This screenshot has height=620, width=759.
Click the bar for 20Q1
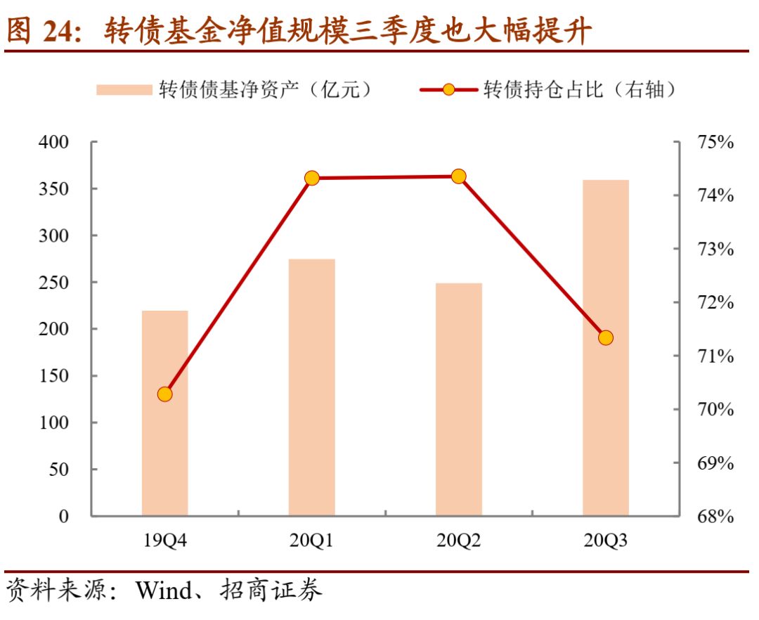pyautogui.click(x=312, y=387)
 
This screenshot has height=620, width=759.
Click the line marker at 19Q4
pyautogui.click(x=165, y=394)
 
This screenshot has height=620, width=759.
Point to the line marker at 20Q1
pyautogui.click(x=312, y=179)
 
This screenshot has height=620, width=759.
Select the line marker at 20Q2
pyautogui.click(x=459, y=176)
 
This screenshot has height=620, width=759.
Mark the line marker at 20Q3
pyautogui.click(x=606, y=338)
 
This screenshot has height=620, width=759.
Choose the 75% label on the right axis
pyautogui.click(x=715, y=143)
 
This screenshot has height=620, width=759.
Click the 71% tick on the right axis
pyautogui.click(x=715, y=356)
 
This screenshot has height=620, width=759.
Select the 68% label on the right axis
pyautogui.click(x=715, y=517)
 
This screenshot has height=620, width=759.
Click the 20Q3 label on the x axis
pyautogui.click(x=606, y=541)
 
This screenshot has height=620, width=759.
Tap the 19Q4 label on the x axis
pyautogui.click(x=165, y=541)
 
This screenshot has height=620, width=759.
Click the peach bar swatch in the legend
pyautogui.click(x=124, y=90)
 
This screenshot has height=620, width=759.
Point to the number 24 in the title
pyautogui.click(x=60, y=32)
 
